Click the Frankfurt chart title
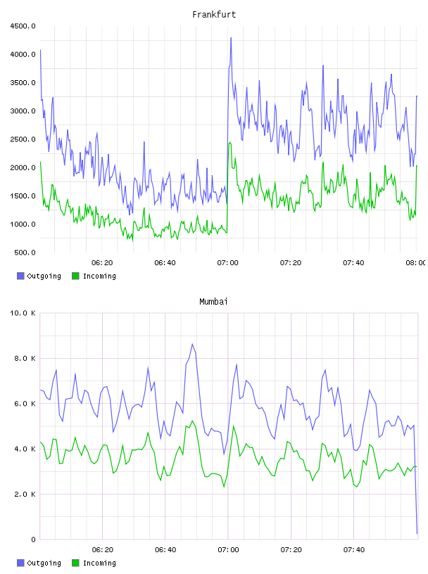pyautogui.click(x=214, y=15)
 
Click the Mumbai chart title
pyautogui.click(x=213, y=302)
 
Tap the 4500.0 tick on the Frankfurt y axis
pyautogui.click(x=23, y=26)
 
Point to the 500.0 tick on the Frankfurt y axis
pyautogui.click(x=25, y=253)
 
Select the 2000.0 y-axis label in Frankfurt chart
pyautogui.click(x=23, y=167)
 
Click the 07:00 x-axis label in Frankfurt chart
pyautogui.click(x=227, y=263)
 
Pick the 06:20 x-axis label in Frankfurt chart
pyautogui.click(x=102, y=263)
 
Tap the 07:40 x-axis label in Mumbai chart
pyautogui.click(x=354, y=550)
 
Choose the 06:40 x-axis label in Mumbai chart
pyautogui.click(x=165, y=550)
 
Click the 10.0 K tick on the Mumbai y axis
pyautogui.click(x=23, y=313)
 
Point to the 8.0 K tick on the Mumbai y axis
pyautogui.click(x=25, y=358)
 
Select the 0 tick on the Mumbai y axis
pyautogui.click(x=33, y=540)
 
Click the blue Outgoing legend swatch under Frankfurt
pyautogui.click(x=20, y=276)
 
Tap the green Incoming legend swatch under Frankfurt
pyautogui.click(x=75, y=276)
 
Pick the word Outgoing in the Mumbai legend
pyautogui.click(x=44, y=563)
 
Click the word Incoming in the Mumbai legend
pyautogui.click(x=99, y=563)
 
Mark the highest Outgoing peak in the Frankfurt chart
pyautogui.click(x=231, y=38)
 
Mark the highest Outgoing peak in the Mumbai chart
pyautogui.click(x=192, y=344)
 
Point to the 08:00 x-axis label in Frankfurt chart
pyautogui.click(x=415, y=263)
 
